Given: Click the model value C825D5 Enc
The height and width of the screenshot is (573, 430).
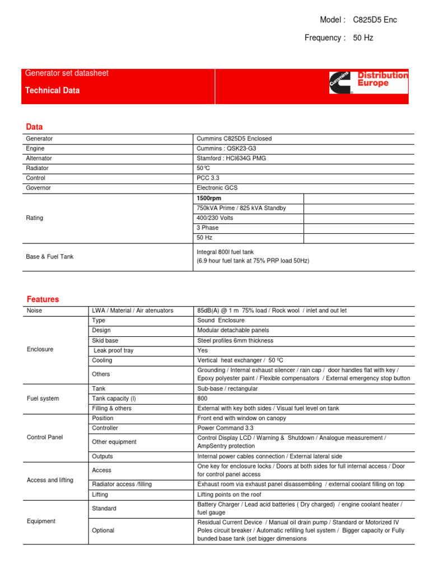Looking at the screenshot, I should click(375, 20).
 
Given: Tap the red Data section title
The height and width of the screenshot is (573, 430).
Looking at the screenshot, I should click(34, 126).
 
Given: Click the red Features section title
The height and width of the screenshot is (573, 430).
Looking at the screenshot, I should click(42, 299).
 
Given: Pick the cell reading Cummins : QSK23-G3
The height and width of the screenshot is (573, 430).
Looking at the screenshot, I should click(226, 148).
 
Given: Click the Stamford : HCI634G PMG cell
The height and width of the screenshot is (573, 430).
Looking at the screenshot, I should click(231, 158).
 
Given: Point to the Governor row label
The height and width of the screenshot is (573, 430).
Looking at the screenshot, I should click(39, 188).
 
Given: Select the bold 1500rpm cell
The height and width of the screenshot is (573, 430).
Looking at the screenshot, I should click(208, 198).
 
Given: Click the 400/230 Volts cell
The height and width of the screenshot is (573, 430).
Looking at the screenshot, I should click(215, 218).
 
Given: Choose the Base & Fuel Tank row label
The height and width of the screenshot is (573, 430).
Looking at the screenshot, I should click(50, 256).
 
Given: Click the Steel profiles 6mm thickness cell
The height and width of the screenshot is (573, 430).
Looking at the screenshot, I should click(235, 340).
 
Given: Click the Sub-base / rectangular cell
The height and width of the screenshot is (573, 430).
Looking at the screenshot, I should click(227, 388).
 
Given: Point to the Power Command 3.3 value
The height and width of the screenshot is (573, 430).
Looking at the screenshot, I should click(225, 428).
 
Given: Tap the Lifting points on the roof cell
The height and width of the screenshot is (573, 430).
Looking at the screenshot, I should click(235, 495).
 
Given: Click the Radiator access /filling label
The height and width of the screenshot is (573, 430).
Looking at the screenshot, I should click(121, 484).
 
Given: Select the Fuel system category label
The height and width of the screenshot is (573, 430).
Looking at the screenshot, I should click(43, 398).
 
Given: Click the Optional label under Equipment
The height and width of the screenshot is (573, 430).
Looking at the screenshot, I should click(104, 530).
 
